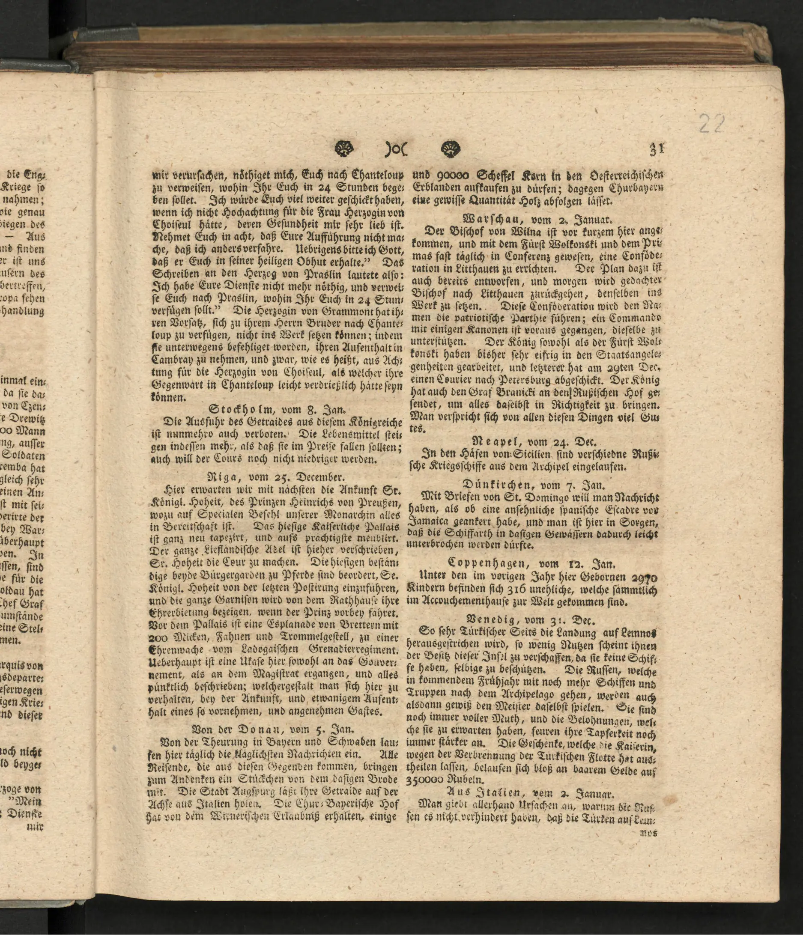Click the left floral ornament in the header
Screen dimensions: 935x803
click(346, 148)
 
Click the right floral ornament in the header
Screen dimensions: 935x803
click(451, 148)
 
